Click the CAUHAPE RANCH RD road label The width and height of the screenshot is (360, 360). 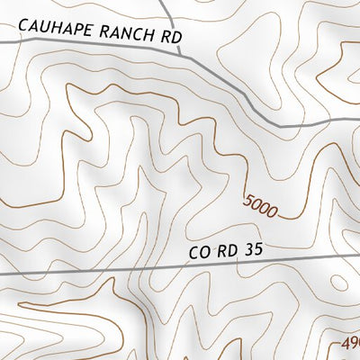[x=99, y=34]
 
